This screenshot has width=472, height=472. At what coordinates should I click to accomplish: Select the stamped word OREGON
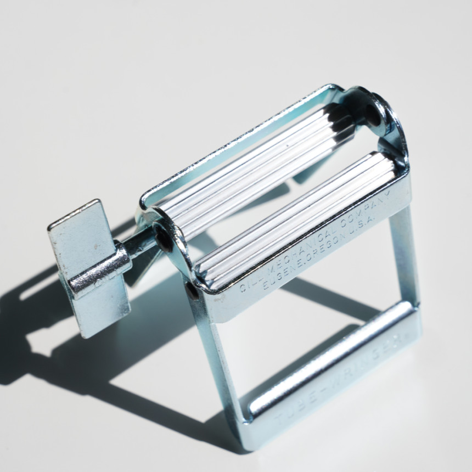coord(318,252)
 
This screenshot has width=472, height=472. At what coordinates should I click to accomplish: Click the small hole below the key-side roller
coord(192,290)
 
